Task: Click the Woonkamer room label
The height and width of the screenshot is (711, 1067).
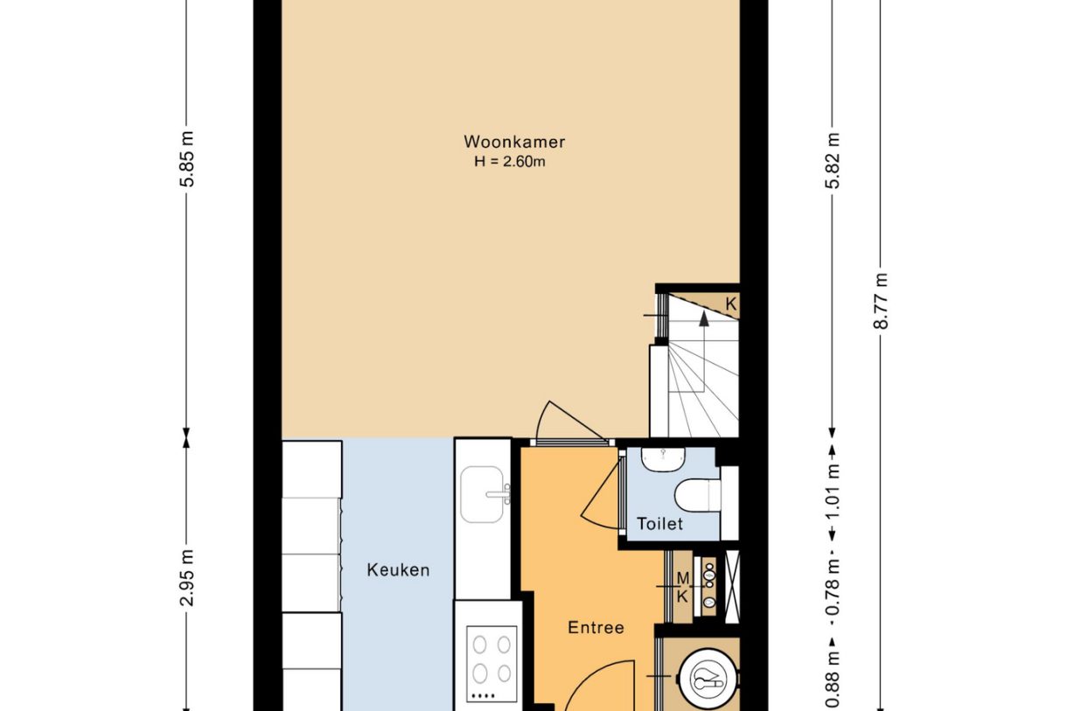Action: pos(514,142)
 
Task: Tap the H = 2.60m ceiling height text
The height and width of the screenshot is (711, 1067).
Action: pos(510,162)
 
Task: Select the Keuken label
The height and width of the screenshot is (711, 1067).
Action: pos(398,570)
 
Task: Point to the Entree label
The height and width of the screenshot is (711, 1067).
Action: pos(596,628)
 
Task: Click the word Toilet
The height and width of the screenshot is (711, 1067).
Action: pos(659,524)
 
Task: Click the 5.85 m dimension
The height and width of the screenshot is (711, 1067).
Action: pos(188,159)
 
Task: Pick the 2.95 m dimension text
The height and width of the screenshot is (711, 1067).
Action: pos(188,578)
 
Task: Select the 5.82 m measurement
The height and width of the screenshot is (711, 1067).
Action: pos(833,161)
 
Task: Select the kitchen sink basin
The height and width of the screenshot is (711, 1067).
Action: pos(482,494)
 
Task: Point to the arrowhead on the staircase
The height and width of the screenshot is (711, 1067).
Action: pos(703,318)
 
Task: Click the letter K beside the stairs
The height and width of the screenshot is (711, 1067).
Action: pos(730,303)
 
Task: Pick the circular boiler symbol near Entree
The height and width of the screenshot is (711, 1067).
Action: pos(708,679)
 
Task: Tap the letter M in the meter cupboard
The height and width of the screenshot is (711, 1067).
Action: pos(682,579)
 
